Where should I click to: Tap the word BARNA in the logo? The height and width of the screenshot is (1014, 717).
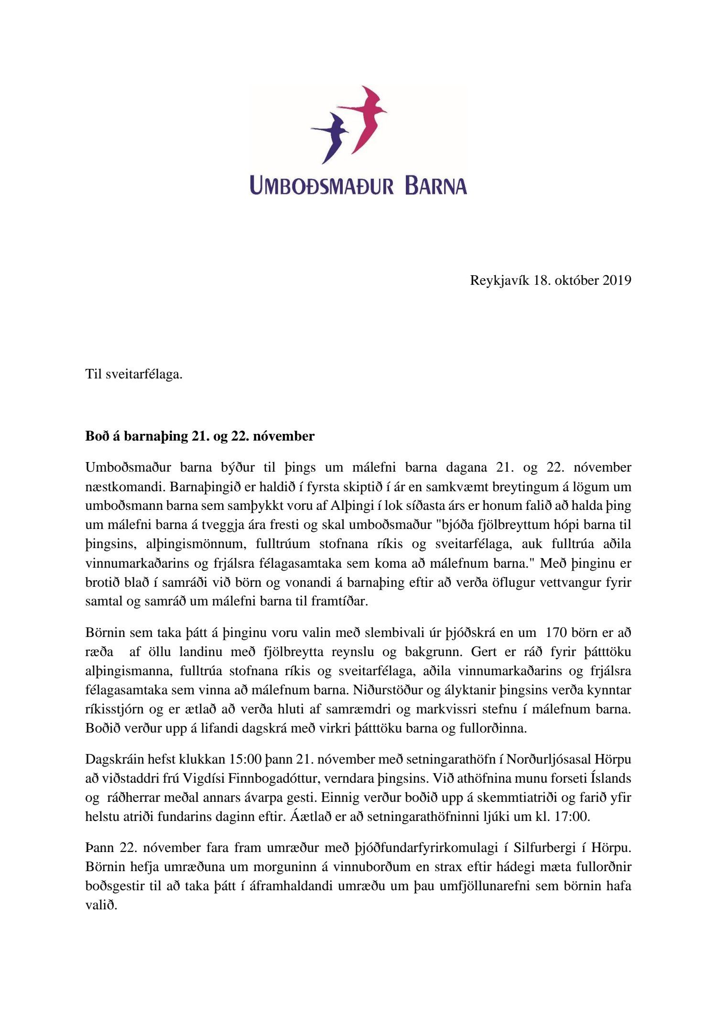pyautogui.click(x=435, y=185)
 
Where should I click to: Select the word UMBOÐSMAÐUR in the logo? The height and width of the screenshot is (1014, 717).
pyautogui.click(x=321, y=185)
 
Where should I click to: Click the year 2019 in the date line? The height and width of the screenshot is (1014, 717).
pyautogui.click(x=617, y=280)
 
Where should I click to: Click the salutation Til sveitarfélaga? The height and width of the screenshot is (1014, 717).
pyautogui.click(x=134, y=374)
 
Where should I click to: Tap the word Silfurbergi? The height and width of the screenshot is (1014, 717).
pyautogui.click(x=544, y=848)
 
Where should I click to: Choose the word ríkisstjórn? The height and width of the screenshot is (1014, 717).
pyautogui.click(x=112, y=709)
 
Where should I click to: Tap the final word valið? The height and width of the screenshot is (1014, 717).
pyautogui.click(x=101, y=905)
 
